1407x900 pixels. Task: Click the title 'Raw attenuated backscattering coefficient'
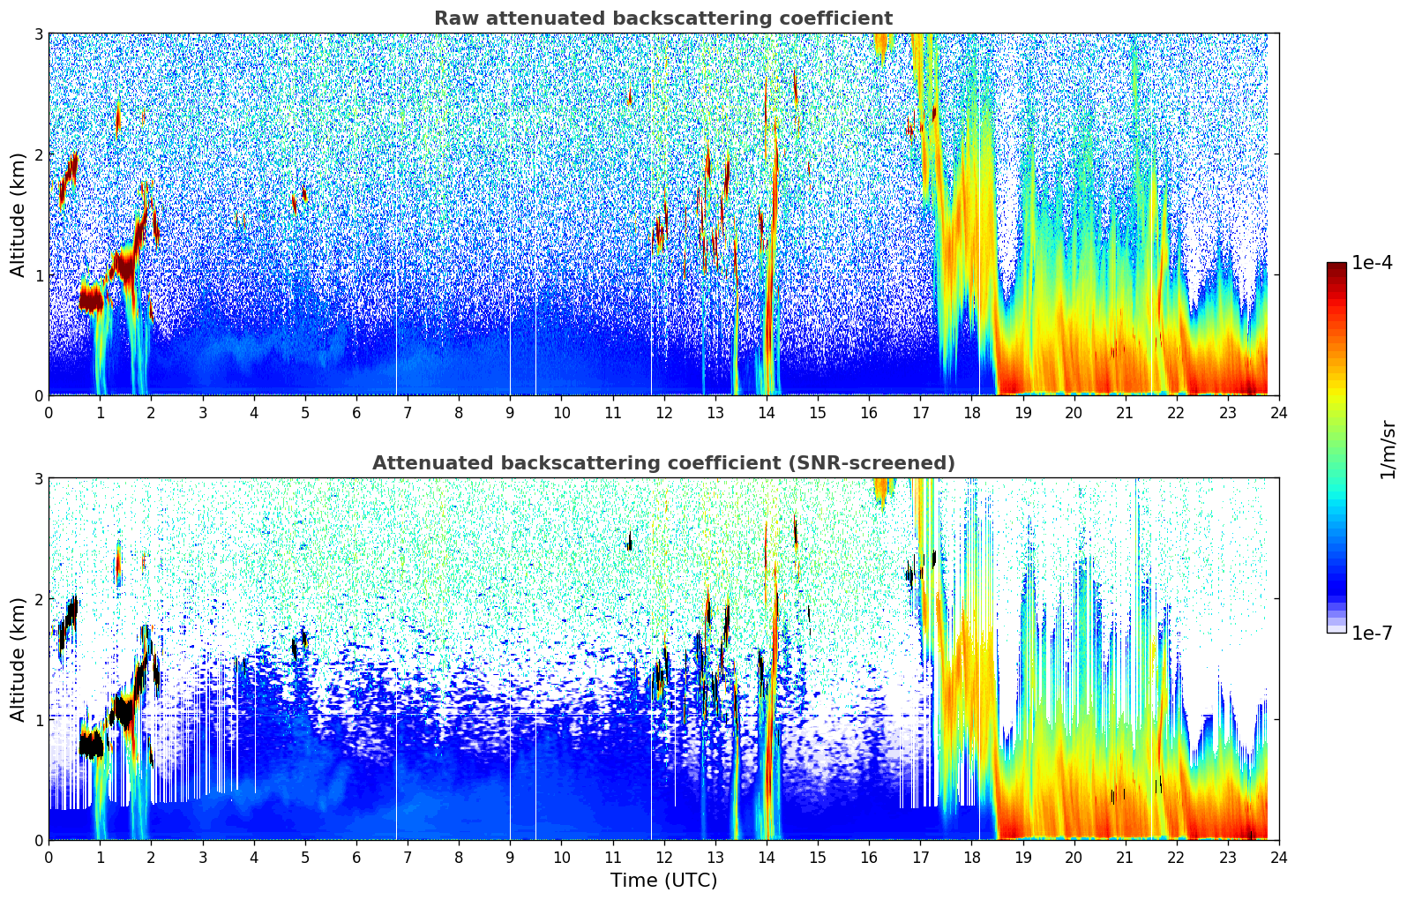point(662,19)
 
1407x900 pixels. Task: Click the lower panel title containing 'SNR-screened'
point(662,463)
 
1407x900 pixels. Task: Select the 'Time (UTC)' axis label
point(663,881)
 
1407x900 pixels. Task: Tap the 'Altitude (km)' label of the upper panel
point(19,214)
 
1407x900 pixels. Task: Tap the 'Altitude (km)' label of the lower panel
point(19,659)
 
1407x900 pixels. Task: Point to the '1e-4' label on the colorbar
point(1372,263)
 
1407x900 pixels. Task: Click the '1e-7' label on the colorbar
point(1372,633)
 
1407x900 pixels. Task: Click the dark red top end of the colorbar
point(1336,267)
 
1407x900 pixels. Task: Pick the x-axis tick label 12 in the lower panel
point(663,858)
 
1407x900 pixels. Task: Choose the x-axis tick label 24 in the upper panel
point(1278,413)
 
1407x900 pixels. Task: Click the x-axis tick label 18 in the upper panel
point(971,413)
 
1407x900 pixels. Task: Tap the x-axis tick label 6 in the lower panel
point(356,858)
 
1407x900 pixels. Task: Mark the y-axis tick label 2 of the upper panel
point(39,154)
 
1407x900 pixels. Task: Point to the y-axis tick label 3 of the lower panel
point(39,478)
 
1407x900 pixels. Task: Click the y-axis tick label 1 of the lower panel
point(39,720)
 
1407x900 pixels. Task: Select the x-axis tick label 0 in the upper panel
point(49,413)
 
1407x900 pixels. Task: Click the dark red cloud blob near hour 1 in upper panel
point(91,299)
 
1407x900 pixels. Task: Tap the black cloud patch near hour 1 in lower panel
point(91,746)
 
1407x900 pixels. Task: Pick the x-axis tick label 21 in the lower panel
point(1125,858)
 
